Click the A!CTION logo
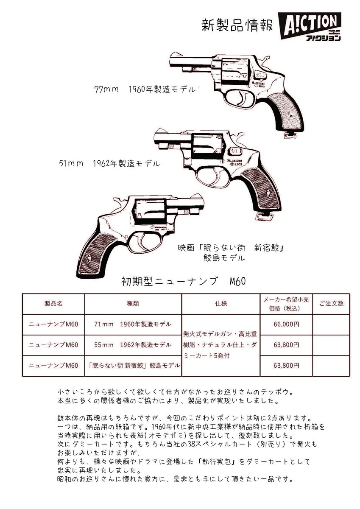(310, 26)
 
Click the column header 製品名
(53, 304)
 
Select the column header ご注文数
(331, 304)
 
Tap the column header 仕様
(221, 304)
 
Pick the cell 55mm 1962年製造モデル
(133, 344)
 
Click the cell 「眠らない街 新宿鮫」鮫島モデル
(133, 365)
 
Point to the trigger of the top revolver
(247, 101)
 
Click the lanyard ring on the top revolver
(290, 135)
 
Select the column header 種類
(133, 304)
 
